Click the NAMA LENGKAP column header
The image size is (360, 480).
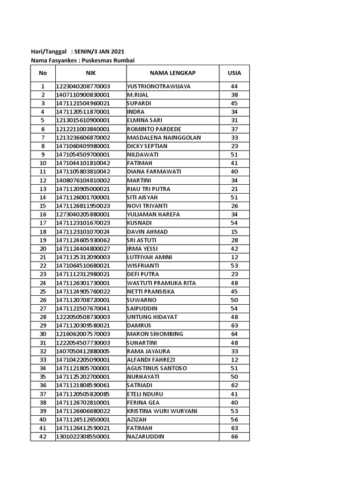pos(172,73)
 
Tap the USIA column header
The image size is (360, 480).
pos(234,73)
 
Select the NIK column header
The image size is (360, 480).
pos(90,73)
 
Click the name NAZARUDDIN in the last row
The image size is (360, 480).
pos(145,437)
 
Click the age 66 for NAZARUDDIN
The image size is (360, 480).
pos(234,437)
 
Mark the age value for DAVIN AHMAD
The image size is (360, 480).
pos(234,232)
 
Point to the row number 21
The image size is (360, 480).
pos(43,257)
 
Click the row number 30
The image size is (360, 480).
pos(43,334)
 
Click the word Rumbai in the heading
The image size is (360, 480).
pos(129,60)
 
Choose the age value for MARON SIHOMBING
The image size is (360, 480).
pos(234,334)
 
